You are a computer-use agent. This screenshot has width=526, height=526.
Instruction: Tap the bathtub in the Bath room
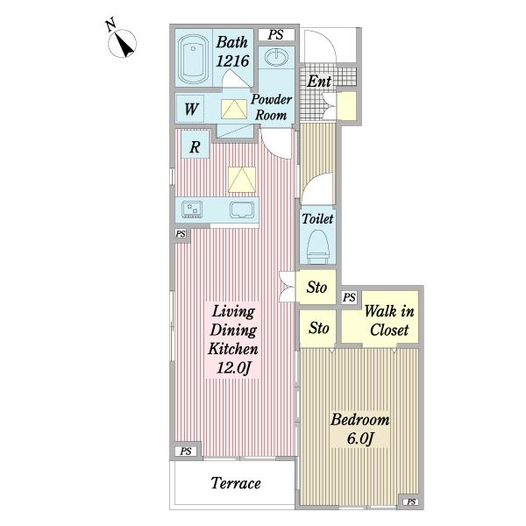pos(193,59)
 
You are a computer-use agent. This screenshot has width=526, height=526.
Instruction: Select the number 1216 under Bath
pos(232,61)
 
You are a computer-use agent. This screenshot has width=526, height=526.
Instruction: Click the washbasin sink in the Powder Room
pos(276,57)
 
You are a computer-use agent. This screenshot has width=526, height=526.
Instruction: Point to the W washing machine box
pos(190,109)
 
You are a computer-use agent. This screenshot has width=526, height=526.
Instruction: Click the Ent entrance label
pos(319,82)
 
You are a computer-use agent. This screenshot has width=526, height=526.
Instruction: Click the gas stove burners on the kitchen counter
pos(192,210)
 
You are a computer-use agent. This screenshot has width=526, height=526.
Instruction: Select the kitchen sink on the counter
pos(242,210)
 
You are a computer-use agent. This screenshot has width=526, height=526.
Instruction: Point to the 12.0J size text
pos(234,367)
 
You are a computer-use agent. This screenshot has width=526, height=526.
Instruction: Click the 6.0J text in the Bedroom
pos(360,438)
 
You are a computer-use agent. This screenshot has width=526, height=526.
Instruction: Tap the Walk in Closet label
pos(389,320)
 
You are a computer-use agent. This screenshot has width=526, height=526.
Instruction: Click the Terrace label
pos(236,483)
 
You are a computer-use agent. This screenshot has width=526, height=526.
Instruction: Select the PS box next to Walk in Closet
pos(349,297)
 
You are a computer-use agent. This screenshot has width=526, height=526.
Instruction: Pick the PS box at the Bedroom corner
pos(411,501)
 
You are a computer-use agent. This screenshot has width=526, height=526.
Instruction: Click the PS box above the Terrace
pos(186,451)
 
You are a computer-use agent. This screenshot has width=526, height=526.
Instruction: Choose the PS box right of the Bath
pos(276,34)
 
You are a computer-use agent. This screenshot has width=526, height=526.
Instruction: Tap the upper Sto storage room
pos(316,288)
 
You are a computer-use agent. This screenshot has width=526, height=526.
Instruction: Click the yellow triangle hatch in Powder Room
pos(234,109)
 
